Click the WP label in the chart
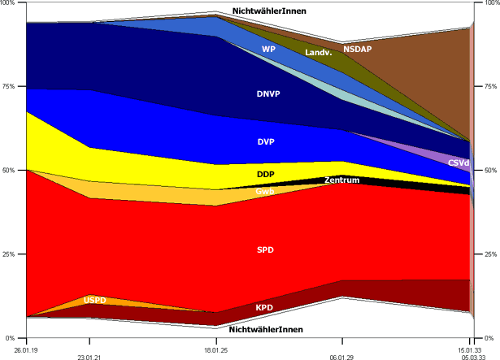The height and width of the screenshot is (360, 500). pyautogui.click(x=268, y=49)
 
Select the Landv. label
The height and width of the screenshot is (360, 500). pyautogui.click(x=318, y=53)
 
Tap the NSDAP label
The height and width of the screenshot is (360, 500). pyautogui.click(x=357, y=49)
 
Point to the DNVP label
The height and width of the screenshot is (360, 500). pyautogui.click(x=268, y=94)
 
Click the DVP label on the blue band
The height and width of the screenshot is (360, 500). pyautogui.click(x=266, y=142)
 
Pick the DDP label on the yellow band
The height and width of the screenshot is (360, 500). pyautogui.click(x=265, y=175)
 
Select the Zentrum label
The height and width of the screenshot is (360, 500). pyautogui.click(x=341, y=180)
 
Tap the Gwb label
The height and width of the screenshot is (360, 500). pyautogui.click(x=265, y=192)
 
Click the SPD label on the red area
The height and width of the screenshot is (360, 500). pyautogui.click(x=266, y=249)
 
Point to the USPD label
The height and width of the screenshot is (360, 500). pyautogui.click(x=95, y=301)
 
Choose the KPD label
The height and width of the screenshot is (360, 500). pyautogui.click(x=264, y=308)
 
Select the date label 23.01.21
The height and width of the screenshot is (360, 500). pyautogui.click(x=89, y=356)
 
